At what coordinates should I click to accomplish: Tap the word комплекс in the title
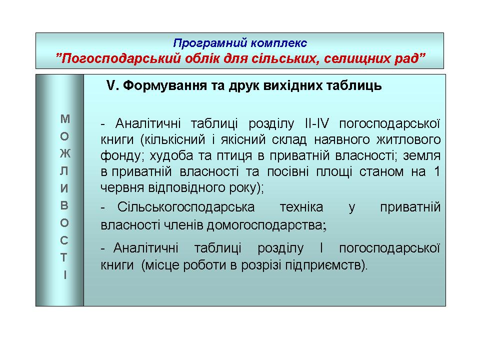click(x=279, y=43)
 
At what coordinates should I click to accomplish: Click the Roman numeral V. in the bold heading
click(x=112, y=85)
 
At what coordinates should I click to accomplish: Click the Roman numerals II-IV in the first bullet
click(x=317, y=123)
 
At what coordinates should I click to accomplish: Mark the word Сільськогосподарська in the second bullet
click(x=186, y=207)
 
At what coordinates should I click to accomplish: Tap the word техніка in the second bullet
click(x=301, y=207)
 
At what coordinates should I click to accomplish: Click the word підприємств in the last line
click(x=326, y=265)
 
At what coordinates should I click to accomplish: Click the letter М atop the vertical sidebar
click(x=65, y=119)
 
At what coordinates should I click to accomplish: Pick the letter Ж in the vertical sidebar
click(x=65, y=153)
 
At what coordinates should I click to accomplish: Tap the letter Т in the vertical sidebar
click(x=64, y=258)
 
